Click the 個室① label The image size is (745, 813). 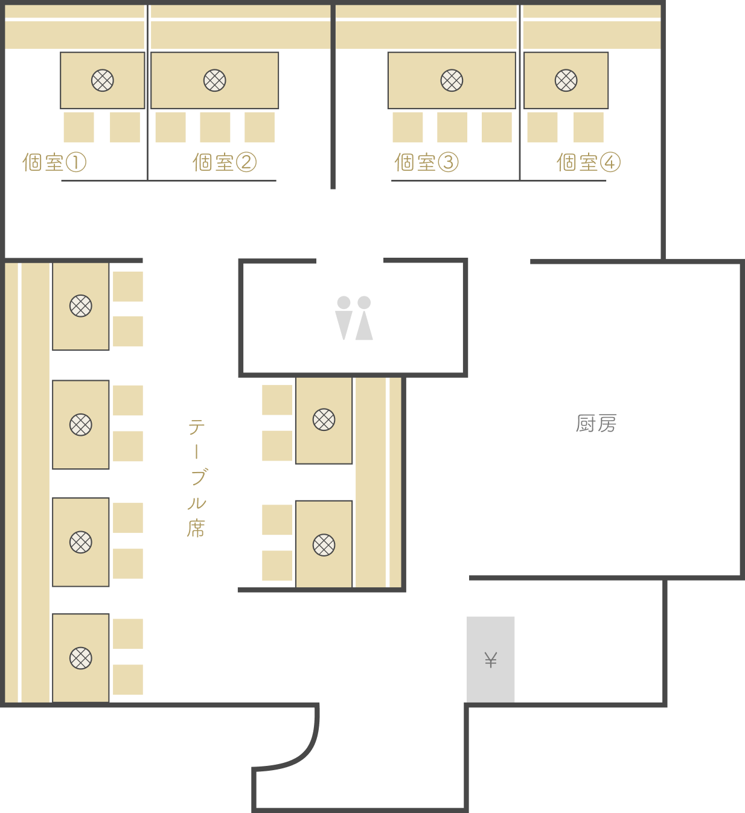(54, 162)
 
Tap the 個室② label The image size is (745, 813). (225, 162)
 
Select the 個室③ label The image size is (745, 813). (427, 162)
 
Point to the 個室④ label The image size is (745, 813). (589, 162)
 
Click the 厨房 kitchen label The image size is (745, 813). (596, 424)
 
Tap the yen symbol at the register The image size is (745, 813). (491, 660)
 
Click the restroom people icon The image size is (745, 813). (354, 318)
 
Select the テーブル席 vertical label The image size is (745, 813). (197, 478)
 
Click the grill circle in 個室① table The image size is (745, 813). (103, 80)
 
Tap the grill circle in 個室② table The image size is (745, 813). (215, 80)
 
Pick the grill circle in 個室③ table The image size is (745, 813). (452, 80)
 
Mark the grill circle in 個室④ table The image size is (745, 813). (566, 80)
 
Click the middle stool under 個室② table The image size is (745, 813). (216, 127)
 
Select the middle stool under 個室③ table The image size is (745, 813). (452, 127)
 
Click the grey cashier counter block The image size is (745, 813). (491, 660)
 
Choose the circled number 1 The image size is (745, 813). (76, 162)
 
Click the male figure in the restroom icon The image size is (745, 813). (344, 318)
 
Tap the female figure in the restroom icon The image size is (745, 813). (364, 318)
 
